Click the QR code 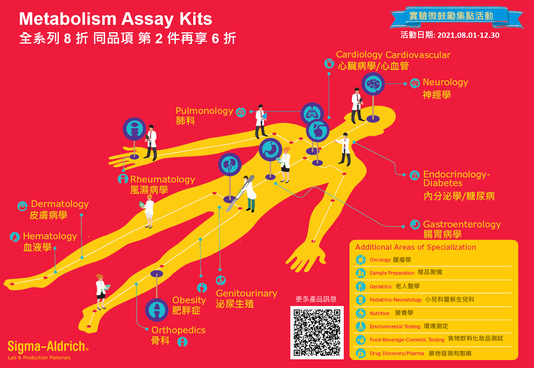pos(317,332)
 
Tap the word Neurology pos(445,82)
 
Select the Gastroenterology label pos(462,224)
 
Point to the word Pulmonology pos(204,111)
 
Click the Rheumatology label pos(162,179)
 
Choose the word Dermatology pos(60,204)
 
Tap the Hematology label pos(50,236)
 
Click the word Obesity pos(189,300)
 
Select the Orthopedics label pos(178,330)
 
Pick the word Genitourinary pos(246,293)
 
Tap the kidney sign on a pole pos(230,164)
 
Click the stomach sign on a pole pos(270,149)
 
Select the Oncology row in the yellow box pos(380,260)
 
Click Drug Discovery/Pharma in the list pos(396,354)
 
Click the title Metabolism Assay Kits pos(116,19)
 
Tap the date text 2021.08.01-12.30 pos(468,35)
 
